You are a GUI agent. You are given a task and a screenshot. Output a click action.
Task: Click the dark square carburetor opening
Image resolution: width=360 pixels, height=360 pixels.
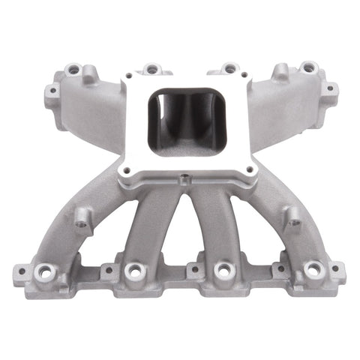(x=178, y=120)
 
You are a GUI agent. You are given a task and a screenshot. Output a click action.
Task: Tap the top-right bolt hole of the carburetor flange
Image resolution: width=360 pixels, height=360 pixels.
(x=240, y=83)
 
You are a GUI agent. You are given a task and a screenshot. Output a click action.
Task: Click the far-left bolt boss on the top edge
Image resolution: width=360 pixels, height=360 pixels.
(x=73, y=70)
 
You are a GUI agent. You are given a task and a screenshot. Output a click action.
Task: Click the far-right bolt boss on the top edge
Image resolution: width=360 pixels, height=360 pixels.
(x=308, y=67)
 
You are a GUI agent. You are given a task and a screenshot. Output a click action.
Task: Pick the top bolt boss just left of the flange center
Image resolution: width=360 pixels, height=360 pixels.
(x=152, y=68)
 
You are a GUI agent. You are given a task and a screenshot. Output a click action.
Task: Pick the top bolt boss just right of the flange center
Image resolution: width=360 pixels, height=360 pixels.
(x=229, y=68)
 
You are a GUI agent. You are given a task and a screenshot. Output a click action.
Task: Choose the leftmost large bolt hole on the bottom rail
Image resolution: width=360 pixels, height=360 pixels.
(x=46, y=271)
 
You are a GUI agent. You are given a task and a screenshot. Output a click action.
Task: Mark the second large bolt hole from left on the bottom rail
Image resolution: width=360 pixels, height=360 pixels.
(x=135, y=269)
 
